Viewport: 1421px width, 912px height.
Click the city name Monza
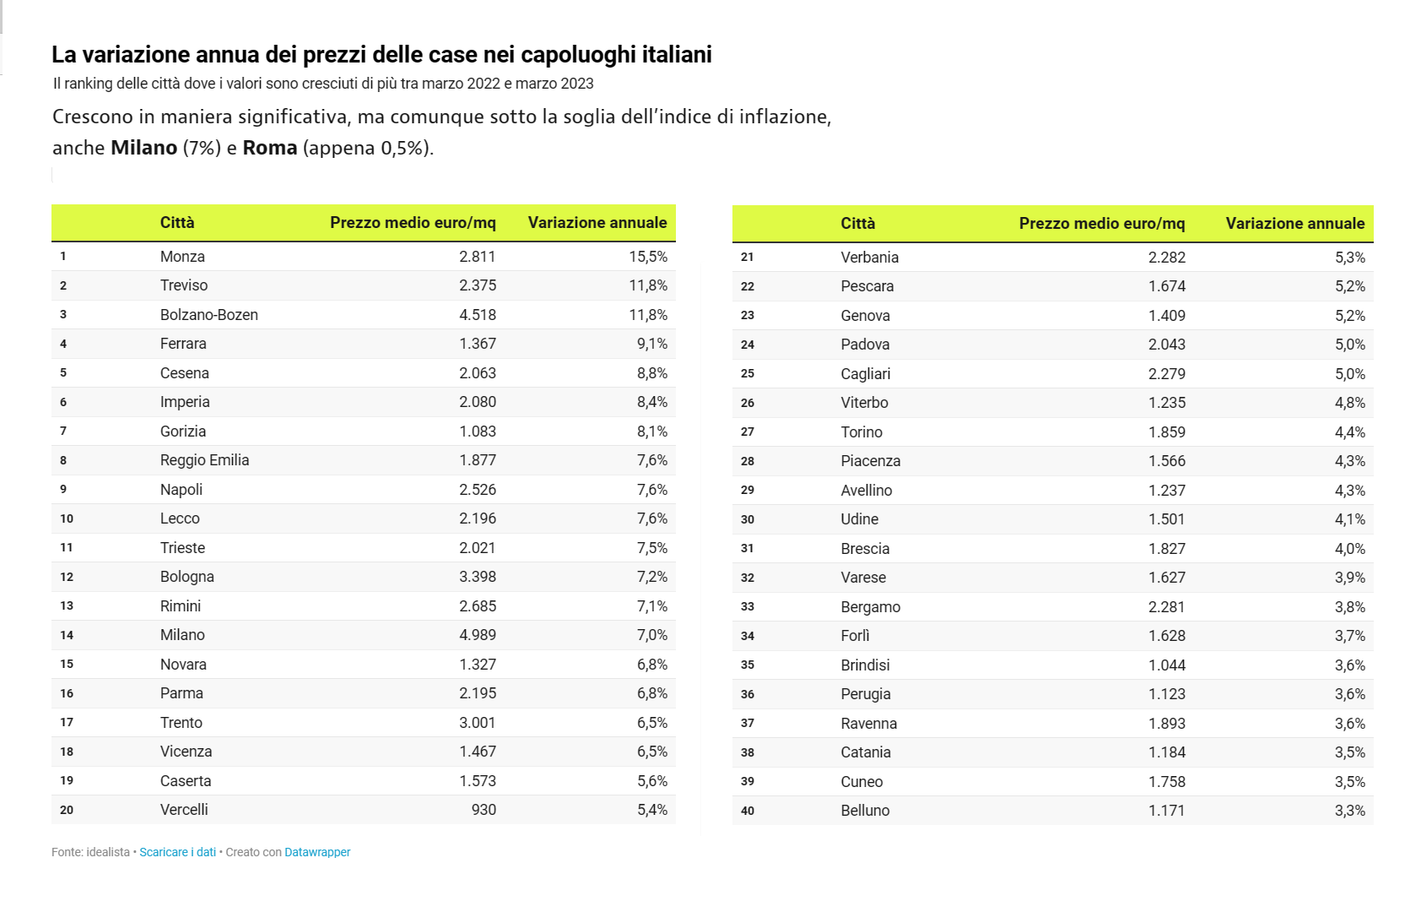tap(182, 257)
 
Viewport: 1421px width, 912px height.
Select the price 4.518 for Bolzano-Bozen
tap(477, 315)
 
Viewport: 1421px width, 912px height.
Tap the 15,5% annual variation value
tap(647, 257)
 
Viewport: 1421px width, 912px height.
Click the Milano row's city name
tap(182, 635)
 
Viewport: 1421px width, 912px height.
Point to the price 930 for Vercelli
tap(484, 810)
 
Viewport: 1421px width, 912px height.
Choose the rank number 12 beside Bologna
tap(67, 577)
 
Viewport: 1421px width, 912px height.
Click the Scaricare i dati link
tap(177, 852)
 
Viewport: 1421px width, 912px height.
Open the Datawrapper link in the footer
tap(317, 852)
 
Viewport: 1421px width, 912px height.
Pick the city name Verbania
tap(869, 258)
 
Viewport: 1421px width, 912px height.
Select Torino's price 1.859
tap(1166, 432)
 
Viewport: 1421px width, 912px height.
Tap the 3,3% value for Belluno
tap(1349, 811)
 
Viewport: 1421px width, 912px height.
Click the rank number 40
tap(748, 811)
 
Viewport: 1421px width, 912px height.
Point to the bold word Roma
tap(270, 148)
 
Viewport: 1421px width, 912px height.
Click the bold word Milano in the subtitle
tap(144, 148)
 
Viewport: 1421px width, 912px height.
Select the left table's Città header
tap(177, 223)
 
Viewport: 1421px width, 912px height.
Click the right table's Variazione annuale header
tap(1294, 224)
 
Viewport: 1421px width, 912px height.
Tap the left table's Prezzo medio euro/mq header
tap(413, 223)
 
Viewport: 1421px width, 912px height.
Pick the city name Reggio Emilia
tap(204, 460)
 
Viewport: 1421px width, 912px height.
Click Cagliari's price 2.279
tap(1166, 374)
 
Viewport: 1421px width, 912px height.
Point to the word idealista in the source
tap(108, 852)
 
